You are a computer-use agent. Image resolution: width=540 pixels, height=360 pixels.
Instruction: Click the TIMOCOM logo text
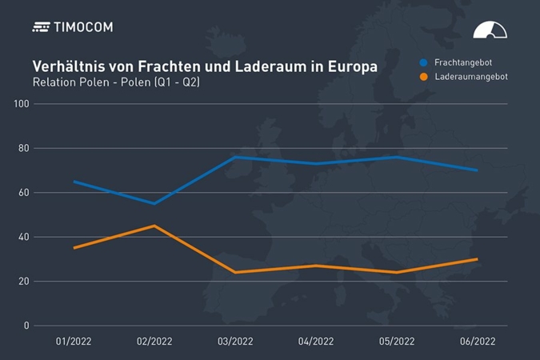coord(83,27)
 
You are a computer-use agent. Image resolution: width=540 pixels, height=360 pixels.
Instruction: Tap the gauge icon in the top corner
coord(490,30)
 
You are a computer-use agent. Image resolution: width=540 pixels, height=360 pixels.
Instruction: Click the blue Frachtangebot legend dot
coord(423,62)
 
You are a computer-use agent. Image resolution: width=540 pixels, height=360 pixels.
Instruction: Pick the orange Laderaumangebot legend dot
coord(423,77)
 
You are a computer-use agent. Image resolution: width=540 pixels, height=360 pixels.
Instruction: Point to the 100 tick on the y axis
coord(21,104)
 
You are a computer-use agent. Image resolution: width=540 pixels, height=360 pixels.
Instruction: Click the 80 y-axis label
coord(23,148)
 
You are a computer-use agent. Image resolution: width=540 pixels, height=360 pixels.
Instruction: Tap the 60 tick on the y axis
coord(23,193)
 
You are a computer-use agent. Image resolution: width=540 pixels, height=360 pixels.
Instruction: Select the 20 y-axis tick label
coord(23,282)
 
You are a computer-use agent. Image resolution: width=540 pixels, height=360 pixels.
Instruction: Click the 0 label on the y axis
coord(26,326)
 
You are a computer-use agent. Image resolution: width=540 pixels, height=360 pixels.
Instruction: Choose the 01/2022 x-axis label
coord(74,342)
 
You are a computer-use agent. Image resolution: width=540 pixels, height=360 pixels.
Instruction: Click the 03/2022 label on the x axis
coord(235,342)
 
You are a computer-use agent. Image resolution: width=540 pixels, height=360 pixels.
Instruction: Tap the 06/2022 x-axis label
coord(478,342)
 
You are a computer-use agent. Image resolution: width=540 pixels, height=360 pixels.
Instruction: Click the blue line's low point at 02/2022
coord(154,203)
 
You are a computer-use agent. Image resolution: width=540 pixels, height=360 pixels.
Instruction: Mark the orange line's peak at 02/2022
coord(154,226)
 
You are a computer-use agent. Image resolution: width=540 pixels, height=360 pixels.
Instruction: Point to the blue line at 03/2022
coord(235,157)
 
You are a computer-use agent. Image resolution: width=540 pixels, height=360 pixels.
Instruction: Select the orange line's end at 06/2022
coord(478,259)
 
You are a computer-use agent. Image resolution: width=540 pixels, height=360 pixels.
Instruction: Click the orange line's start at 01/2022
coord(74,248)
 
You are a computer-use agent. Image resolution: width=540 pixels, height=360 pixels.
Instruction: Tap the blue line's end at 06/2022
coord(478,170)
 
